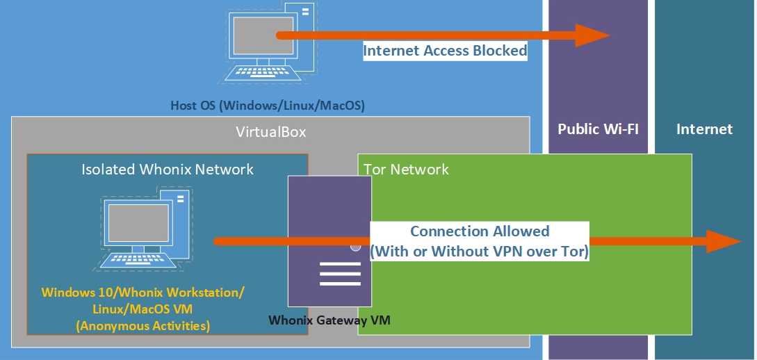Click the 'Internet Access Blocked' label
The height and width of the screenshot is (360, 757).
(x=445, y=51)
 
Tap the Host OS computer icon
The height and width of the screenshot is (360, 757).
(x=268, y=42)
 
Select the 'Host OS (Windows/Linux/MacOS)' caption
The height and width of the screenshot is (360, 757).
(x=268, y=106)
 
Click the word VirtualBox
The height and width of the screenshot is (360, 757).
(x=270, y=132)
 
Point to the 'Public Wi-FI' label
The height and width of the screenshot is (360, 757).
(x=598, y=129)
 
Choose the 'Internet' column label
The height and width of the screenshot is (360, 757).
(x=704, y=129)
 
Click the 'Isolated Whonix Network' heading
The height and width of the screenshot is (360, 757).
(x=168, y=169)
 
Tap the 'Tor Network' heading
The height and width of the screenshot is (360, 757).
(x=407, y=169)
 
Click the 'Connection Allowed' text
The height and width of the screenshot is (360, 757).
(x=480, y=231)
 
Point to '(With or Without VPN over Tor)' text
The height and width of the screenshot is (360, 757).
(x=480, y=252)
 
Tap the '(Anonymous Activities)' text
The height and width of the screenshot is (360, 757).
(x=143, y=325)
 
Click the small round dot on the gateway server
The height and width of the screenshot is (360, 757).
(x=356, y=246)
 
